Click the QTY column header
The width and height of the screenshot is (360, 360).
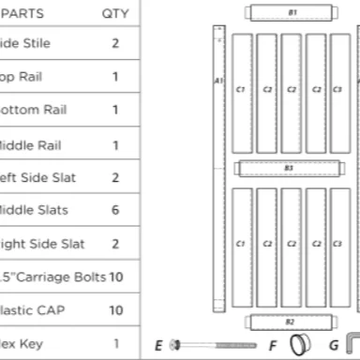click(x=115, y=14)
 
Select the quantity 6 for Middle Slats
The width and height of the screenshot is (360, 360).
click(x=115, y=211)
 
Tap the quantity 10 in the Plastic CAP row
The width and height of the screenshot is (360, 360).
click(x=115, y=310)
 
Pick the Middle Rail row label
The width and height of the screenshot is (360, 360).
click(x=28, y=145)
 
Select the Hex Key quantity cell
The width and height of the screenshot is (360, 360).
click(x=115, y=344)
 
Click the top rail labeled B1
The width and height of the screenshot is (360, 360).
click(x=292, y=13)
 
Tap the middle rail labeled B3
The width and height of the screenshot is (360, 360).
click(x=289, y=169)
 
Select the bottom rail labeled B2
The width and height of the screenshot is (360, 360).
click(x=290, y=322)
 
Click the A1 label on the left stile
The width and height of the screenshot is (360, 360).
click(x=218, y=81)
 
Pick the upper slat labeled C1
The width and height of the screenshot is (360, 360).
click(x=241, y=90)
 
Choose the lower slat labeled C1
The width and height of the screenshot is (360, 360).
click(x=241, y=244)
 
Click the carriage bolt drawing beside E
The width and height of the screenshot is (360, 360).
click(x=215, y=345)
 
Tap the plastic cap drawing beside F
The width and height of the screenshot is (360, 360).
click(x=299, y=344)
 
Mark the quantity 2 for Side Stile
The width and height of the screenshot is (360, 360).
click(x=115, y=44)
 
